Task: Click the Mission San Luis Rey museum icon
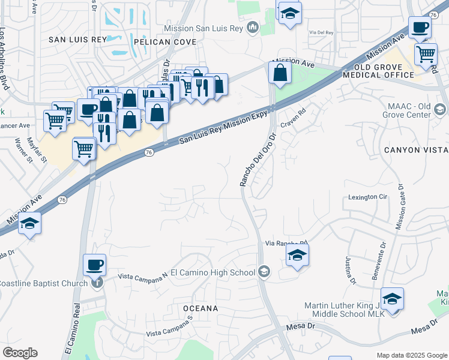(253, 28)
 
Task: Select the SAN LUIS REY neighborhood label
(77, 39)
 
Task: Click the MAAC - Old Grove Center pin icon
(441, 110)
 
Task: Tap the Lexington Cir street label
(368, 197)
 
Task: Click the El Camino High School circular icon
(264, 272)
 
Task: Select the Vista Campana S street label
(169, 326)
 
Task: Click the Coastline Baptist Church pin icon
(97, 283)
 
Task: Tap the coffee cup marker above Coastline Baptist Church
(95, 264)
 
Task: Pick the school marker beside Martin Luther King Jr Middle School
(392, 299)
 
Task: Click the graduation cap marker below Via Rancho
(297, 256)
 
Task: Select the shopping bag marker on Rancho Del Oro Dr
(280, 73)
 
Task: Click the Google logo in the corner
(20, 352)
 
